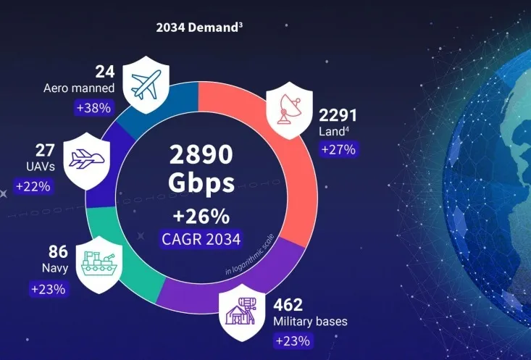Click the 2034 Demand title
199,28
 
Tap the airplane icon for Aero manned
146,84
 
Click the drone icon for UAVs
86,158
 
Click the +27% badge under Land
338,150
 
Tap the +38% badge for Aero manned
93,108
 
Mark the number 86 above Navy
58,252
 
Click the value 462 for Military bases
288,304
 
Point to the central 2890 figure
201,156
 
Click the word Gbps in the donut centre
201,183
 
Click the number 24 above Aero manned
106,72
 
